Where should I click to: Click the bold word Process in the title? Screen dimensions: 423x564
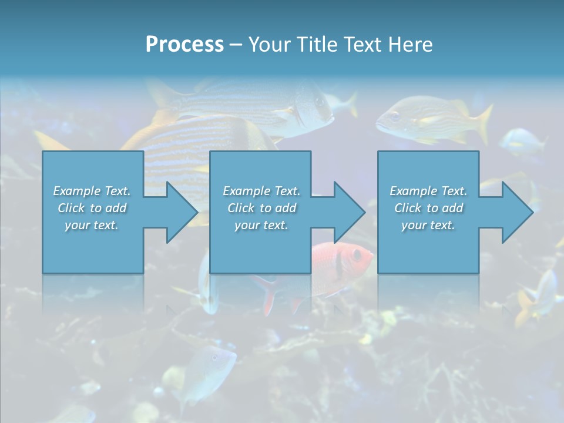(184, 45)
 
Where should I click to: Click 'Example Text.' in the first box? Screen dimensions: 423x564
(92, 191)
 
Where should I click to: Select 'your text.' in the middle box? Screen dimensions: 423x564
(261, 225)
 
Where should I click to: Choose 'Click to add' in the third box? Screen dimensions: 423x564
(428, 208)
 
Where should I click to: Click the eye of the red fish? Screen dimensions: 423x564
(356, 254)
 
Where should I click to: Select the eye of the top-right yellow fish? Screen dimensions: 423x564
(394, 116)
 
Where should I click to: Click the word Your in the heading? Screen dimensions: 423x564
(268, 45)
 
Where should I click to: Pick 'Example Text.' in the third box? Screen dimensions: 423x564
(428, 191)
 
